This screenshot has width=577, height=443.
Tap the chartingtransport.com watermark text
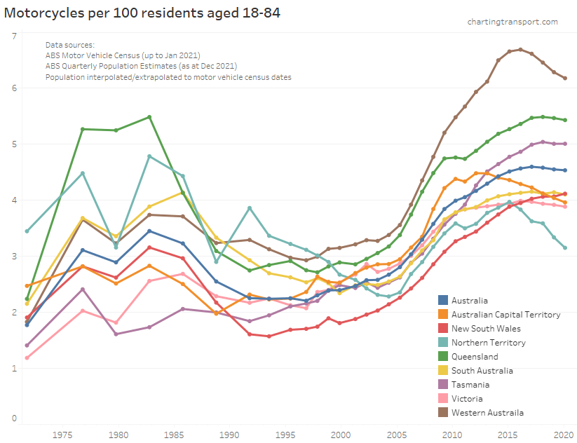(512, 22)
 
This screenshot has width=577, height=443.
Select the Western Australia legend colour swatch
(442, 412)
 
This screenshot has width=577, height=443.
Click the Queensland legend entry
(475, 356)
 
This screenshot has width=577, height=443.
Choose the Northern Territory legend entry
(489, 342)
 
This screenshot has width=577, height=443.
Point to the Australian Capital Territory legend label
(506, 314)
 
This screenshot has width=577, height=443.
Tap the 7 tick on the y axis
(13, 35)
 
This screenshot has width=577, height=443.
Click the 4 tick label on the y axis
(13, 200)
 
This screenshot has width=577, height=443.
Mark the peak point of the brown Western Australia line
(520, 50)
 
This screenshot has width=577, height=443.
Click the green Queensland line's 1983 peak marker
(149, 117)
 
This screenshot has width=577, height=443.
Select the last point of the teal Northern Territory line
(565, 247)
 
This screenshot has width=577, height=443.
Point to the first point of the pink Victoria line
(27, 357)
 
